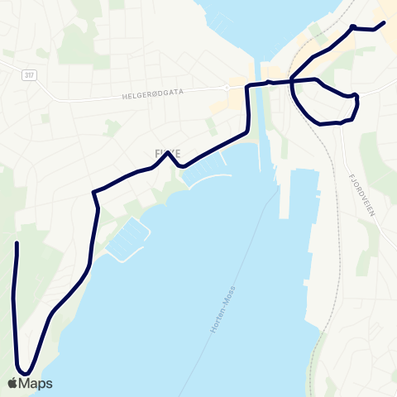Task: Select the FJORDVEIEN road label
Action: [x=362, y=195]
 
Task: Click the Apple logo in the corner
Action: [x=13, y=383]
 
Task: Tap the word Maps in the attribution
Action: [x=36, y=383]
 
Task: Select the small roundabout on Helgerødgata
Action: [x=225, y=87]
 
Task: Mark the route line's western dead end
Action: [x=17, y=243]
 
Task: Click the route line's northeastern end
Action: [x=385, y=23]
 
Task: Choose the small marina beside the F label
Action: [x=203, y=171]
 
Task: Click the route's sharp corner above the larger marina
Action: [x=94, y=193]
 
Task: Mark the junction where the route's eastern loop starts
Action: [x=292, y=80]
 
